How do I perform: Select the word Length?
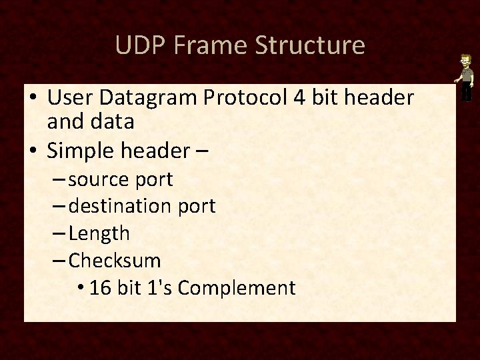point(99,233)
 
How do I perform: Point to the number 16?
point(101,287)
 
